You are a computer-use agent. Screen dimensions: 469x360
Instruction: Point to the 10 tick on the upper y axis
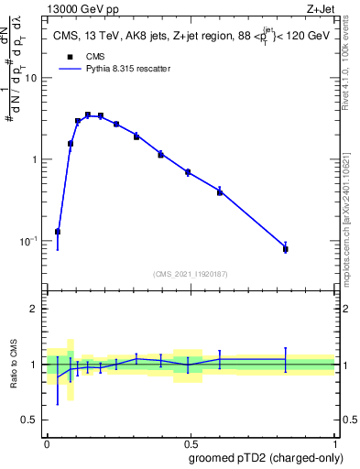coord(32,78)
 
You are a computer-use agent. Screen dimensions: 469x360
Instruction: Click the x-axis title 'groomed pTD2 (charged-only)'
coord(267,458)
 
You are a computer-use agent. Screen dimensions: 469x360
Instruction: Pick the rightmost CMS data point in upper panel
coord(286,249)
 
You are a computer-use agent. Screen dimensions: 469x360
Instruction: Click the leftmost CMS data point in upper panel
coord(58,232)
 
